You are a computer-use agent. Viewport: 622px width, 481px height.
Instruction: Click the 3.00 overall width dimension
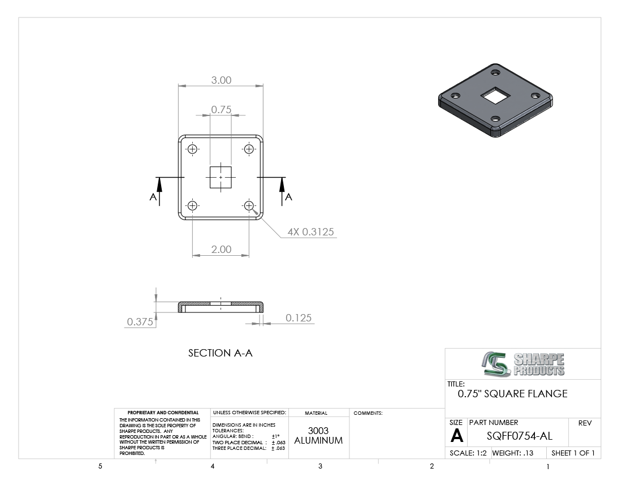tap(221, 80)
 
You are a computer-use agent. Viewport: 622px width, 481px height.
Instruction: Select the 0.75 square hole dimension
tap(221, 110)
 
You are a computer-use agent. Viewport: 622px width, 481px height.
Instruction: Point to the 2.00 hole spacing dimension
tap(221, 249)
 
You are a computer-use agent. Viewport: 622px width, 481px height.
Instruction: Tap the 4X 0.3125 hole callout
tap(310, 232)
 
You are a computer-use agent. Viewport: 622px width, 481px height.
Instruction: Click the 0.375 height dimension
tap(140, 322)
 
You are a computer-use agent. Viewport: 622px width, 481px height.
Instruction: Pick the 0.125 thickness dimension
tap(299, 318)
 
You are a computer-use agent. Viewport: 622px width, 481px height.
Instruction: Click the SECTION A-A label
tap(220, 353)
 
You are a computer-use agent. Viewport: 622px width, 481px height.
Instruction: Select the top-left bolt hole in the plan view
tap(192, 149)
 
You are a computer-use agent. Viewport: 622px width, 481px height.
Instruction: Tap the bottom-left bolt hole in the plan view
tap(192, 205)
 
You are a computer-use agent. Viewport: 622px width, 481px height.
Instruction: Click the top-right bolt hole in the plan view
tap(249, 149)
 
